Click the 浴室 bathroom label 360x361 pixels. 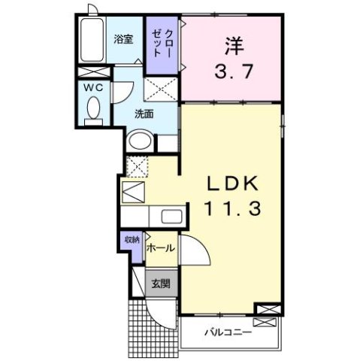(x=123, y=40)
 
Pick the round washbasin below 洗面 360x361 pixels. (x=140, y=141)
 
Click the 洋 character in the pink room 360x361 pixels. (x=231, y=47)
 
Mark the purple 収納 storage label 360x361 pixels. (x=132, y=240)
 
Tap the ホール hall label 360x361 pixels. (x=162, y=248)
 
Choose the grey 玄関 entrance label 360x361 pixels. (x=160, y=283)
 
